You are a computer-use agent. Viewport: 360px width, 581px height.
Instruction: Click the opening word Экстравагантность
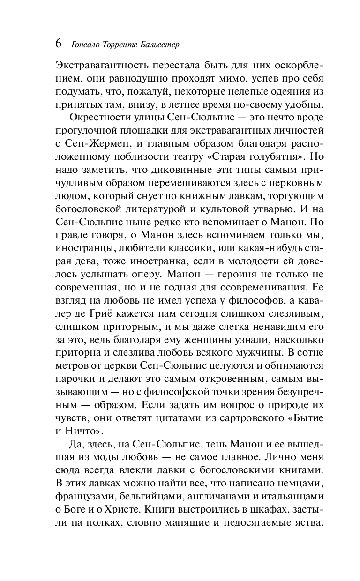pos(107,65)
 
